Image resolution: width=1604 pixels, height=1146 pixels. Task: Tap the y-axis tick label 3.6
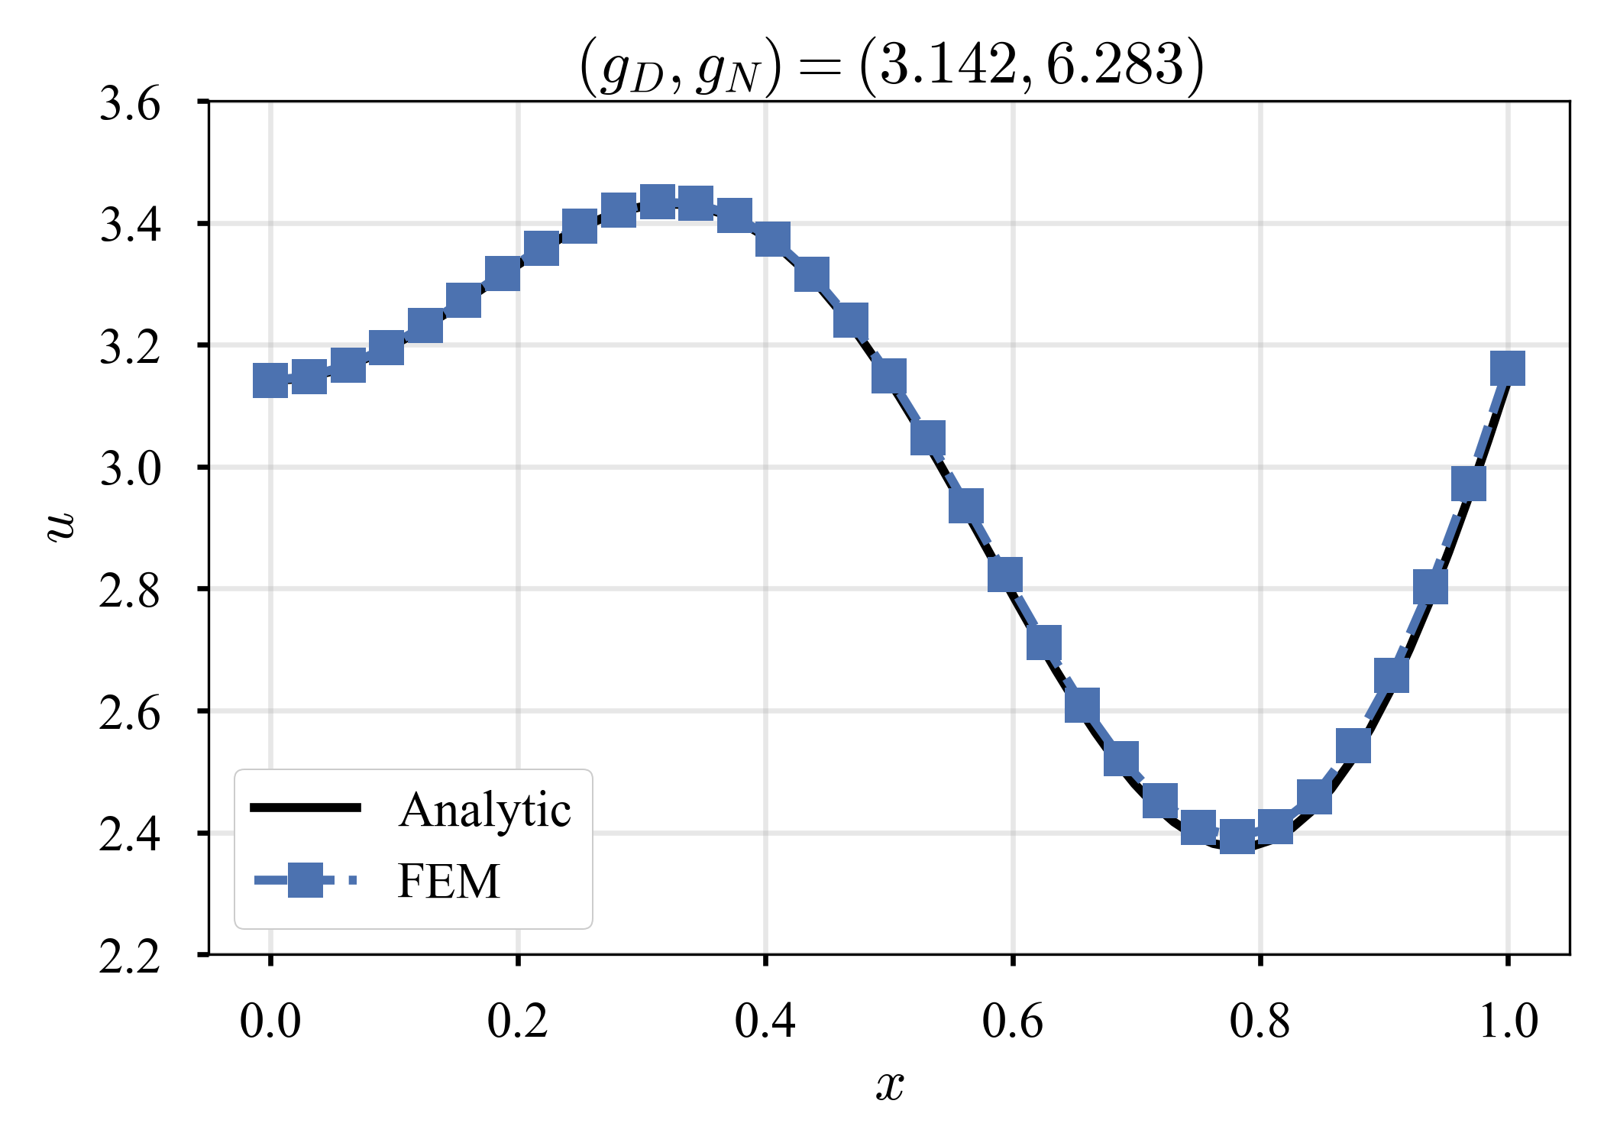(x=130, y=103)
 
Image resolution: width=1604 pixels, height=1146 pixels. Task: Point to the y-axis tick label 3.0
(x=130, y=468)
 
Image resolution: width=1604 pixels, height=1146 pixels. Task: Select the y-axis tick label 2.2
(x=130, y=956)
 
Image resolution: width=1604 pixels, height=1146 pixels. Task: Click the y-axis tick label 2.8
(x=130, y=591)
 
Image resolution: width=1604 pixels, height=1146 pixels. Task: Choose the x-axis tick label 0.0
(x=270, y=1021)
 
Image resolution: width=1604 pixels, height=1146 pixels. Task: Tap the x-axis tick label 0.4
(x=765, y=1021)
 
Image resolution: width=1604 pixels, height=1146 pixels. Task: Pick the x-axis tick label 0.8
(x=1260, y=1021)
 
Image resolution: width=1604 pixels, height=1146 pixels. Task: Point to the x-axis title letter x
(x=890, y=1086)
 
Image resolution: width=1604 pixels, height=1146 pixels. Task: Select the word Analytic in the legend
(x=484, y=810)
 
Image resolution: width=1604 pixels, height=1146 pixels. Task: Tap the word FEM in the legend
(x=449, y=881)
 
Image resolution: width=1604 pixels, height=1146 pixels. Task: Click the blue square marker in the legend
(x=306, y=880)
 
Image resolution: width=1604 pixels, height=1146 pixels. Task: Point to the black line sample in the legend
(x=306, y=808)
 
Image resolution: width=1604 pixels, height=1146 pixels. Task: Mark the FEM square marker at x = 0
(x=270, y=380)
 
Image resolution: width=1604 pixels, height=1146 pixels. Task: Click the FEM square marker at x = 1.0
(x=1508, y=368)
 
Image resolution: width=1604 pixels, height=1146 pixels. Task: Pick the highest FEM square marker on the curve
(x=657, y=202)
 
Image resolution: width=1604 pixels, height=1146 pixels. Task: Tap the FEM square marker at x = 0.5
(x=889, y=376)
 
